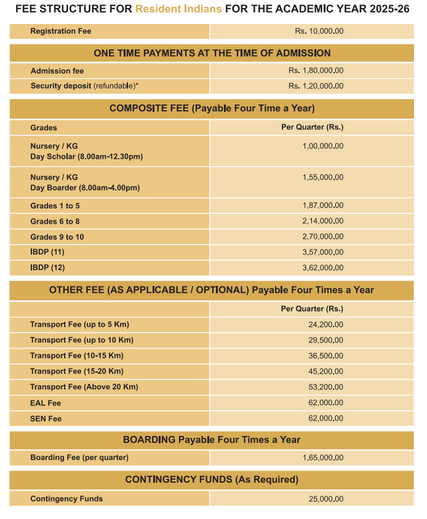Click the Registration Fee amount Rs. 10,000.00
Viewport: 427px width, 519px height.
coord(319,31)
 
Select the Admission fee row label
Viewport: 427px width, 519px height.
coord(57,71)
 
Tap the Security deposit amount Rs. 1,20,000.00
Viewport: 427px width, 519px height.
coord(316,86)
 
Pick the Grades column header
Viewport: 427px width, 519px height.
coord(44,128)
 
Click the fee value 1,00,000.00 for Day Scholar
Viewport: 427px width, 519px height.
coord(322,146)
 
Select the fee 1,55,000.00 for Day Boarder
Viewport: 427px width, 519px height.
coord(322,177)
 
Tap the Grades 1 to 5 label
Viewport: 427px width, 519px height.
coord(55,205)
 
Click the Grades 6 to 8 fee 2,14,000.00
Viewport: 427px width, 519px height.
coord(322,221)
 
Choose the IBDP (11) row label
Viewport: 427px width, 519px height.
coord(47,252)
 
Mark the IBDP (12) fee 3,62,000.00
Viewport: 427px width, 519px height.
coord(322,267)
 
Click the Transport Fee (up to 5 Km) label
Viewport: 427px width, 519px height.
coord(79,324)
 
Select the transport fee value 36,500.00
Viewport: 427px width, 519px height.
coord(325,355)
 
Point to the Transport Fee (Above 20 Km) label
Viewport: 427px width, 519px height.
coord(84,387)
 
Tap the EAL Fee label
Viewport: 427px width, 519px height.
coord(46,403)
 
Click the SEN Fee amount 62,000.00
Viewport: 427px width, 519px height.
coord(325,419)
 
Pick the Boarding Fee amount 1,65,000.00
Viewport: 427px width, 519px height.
coord(322,458)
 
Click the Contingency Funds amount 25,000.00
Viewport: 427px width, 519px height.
coord(325,499)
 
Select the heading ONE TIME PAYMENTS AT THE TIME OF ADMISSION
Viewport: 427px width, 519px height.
coord(212,53)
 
